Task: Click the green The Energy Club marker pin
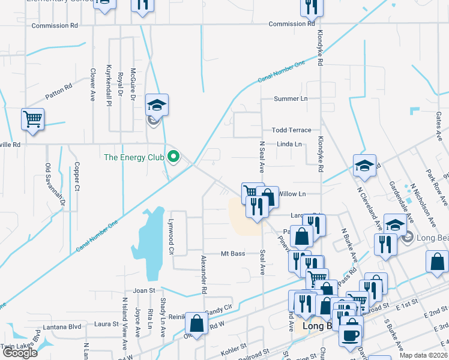pyautogui.click(x=174, y=157)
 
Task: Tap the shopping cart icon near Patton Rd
pyautogui.click(x=32, y=118)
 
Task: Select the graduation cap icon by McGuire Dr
pyautogui.click(x=157, y=105)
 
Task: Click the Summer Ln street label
pyautogui.click(x=290, y=98)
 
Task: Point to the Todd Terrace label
pyautogui.click(x=291, y=130)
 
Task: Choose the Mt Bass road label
pyautogui.click(x=233, y=254)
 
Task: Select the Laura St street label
pyautogui.click(x=106, y=323)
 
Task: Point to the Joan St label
pyautogui.click(x=144, y=290)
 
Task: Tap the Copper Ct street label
pyautogui.click(x=77, y=177)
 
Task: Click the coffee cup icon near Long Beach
pyautogui.click(x=351, y=334)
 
